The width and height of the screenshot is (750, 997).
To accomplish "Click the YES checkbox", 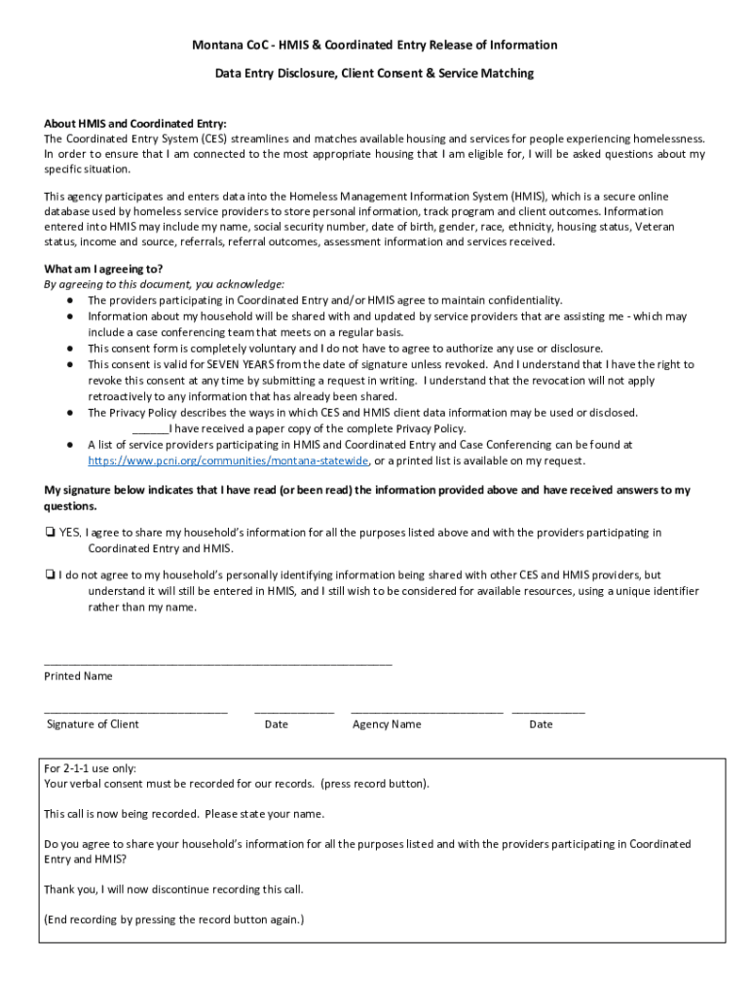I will pyautogui.click(x=50, y=533).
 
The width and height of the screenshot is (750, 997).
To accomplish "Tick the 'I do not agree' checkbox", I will pyautogui.click(x=50, y=575).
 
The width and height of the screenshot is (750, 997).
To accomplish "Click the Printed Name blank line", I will pyautogui.click(x=217, y=662).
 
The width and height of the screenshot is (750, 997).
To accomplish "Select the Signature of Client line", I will pyautogui.click(x=135, y=712).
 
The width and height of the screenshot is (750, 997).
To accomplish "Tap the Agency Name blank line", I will pyautogui.click(x=427, y=712).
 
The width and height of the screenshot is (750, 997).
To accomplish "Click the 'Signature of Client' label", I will pyautogui.click(x=93, y=724).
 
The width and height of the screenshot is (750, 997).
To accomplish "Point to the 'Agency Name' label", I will pyautogui.click(x=387, y=724).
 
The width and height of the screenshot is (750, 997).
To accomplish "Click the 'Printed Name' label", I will pyautogui.click(x=78, y=676).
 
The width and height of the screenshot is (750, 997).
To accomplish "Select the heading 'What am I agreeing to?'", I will pyautogui.click(x=103, y=269).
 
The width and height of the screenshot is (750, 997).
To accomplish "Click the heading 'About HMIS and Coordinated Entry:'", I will pyautogui.click(x=134, y=124).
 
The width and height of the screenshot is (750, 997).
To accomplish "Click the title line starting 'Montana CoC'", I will pyautogui.click(x=374, y=45).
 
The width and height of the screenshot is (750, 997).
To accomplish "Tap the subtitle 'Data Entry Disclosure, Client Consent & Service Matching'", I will pyautogui.click(x=374, y=74).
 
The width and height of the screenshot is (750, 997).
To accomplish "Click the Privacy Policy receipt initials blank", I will pyautogui.click(x=150, y=429).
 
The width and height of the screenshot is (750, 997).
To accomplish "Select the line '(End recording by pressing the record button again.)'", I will pyautogui.click(x=174, y=919).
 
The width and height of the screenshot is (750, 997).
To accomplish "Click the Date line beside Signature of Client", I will pyautogui.click(x=294, y=712).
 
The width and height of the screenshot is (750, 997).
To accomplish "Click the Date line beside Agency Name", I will pyautogui.click(x=548, y=712).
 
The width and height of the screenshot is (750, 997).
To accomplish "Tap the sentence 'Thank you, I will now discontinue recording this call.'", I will pyautogui.click(x=173, y=889).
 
